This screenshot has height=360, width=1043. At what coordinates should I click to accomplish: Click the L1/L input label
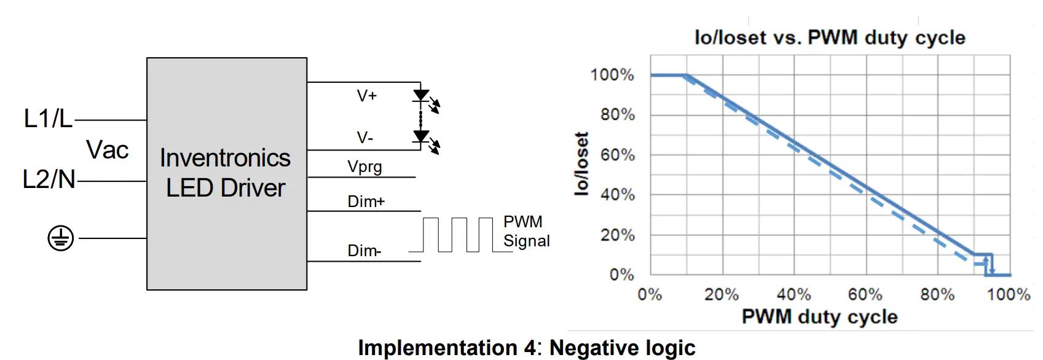(48, 118)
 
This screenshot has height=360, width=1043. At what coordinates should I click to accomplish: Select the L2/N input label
(49, 179)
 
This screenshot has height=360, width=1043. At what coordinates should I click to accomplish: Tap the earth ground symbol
(61, 238)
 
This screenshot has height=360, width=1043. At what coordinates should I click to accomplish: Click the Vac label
(108, 150)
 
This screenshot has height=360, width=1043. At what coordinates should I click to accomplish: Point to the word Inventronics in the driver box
(225, 158)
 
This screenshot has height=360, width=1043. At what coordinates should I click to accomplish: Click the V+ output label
(367, 96)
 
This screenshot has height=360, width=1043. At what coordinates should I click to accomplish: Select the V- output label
(365, 138)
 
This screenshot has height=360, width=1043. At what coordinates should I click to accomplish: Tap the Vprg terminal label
(364, 166)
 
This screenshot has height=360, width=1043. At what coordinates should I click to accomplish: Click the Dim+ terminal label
(366, 202)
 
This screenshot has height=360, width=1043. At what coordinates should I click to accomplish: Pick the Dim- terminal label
(364, 251)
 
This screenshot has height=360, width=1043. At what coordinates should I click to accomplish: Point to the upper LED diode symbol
(421, 95)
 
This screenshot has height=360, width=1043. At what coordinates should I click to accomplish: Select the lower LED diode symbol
(421, 136)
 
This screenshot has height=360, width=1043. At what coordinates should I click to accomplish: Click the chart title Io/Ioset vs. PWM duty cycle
(830, 37)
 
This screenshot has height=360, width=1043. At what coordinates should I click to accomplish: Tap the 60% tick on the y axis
(617, 155)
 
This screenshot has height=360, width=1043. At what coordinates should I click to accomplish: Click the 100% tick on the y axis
(612, 75)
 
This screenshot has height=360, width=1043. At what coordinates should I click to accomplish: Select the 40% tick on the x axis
(793, 295)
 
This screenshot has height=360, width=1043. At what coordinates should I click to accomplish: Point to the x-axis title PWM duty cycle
(819, 317)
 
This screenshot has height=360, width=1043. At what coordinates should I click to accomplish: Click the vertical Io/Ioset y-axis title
(581, 164)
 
